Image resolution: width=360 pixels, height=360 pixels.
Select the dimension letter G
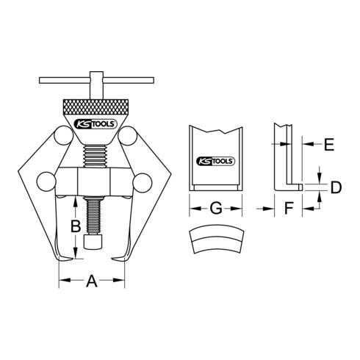(215, 209)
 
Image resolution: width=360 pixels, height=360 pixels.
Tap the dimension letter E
(328, 144)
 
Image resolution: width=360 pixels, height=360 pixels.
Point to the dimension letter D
(335, 188)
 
